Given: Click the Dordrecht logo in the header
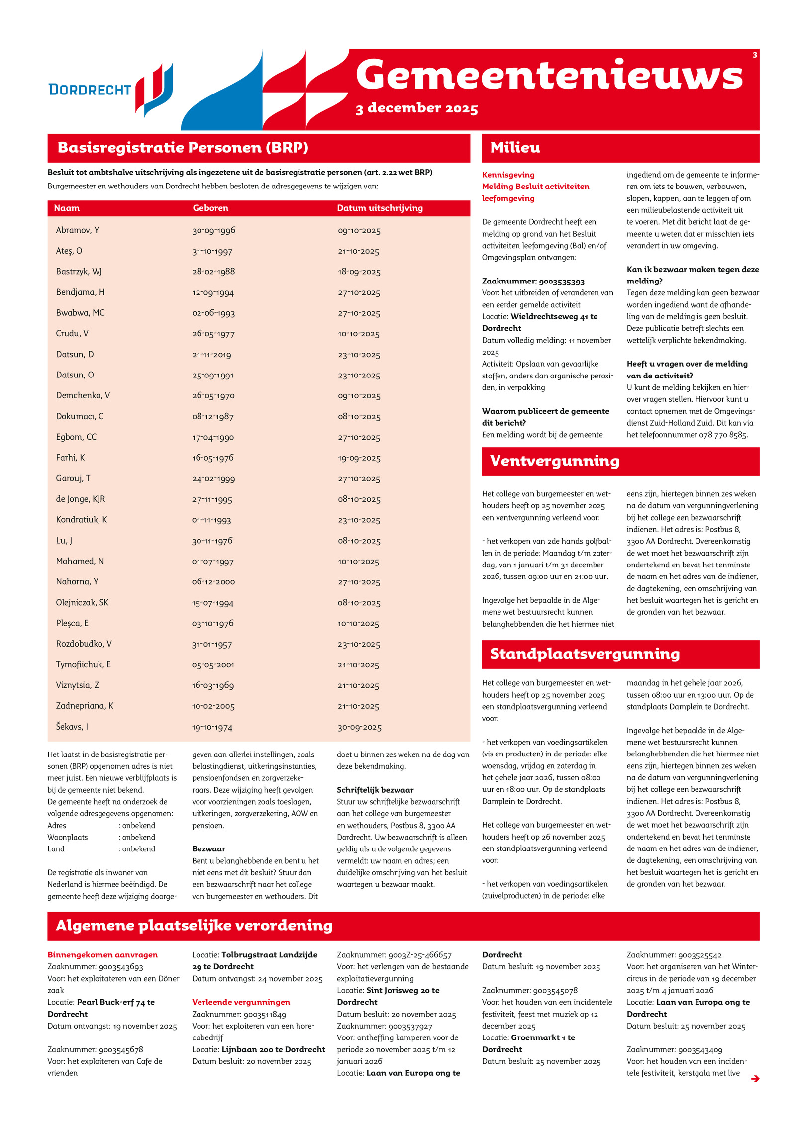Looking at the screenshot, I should [110, 90].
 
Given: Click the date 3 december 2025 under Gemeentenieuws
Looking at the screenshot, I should [416, 108].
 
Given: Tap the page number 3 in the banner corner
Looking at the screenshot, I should [754, 55].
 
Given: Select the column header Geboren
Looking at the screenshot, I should [210, 208].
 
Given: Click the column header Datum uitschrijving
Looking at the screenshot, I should [380, 208].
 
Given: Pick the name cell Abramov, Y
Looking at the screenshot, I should [77, 230].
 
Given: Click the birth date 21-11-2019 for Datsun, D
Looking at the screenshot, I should [211, 355].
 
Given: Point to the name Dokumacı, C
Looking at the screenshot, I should [80, 416].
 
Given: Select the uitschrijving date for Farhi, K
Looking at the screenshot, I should [359, 458].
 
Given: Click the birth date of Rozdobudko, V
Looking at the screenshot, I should [212, 644].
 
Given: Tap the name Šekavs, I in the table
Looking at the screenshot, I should [72, 727].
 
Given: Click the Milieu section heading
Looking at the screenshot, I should [515, 148].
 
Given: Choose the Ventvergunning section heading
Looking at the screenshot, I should [554, 461].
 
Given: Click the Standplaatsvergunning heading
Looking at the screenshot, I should [584, 654].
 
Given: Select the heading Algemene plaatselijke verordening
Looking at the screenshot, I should [194, 926].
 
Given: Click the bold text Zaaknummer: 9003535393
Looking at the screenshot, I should [533, 282].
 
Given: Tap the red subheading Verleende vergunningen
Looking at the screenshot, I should [241, 1002].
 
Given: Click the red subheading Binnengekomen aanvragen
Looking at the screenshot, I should [102, 955].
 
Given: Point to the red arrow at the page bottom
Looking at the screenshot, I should [755, 1079].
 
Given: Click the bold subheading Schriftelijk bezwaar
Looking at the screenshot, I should [375, 790].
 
